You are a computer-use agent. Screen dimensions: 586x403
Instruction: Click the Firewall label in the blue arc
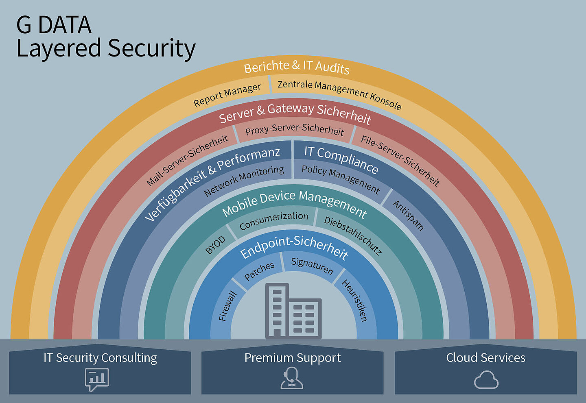[227, 305]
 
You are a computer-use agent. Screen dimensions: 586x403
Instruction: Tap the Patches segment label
[259, 271]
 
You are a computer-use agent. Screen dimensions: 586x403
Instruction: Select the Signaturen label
[312, 266]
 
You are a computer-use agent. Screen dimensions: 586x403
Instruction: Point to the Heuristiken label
[355, 300]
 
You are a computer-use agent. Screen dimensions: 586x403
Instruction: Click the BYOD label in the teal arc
[215, 245]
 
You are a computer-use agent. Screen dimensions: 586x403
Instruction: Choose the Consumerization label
[273, 220]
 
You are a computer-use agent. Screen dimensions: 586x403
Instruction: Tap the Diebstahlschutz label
[353, 235]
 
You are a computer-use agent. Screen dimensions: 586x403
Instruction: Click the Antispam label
[408, 216]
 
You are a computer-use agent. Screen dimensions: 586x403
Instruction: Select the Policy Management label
[341, 179]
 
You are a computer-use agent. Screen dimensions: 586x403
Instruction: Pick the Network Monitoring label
[244, 181]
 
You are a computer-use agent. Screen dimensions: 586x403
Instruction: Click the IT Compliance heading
[341, 159]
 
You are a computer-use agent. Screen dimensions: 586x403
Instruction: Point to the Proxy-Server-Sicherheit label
[295, 129]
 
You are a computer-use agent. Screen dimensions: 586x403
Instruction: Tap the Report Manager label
[227, 95]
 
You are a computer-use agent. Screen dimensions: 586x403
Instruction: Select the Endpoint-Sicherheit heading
[294, 247]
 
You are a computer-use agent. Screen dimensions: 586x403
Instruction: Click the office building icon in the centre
[293, 311]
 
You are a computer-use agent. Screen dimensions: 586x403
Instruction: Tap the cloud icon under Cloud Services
[486, 379]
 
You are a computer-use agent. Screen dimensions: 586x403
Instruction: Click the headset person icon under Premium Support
[292, 378]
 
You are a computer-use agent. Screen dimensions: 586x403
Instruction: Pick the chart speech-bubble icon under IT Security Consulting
[97, 379]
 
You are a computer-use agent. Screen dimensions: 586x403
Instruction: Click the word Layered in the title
[59, 48]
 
